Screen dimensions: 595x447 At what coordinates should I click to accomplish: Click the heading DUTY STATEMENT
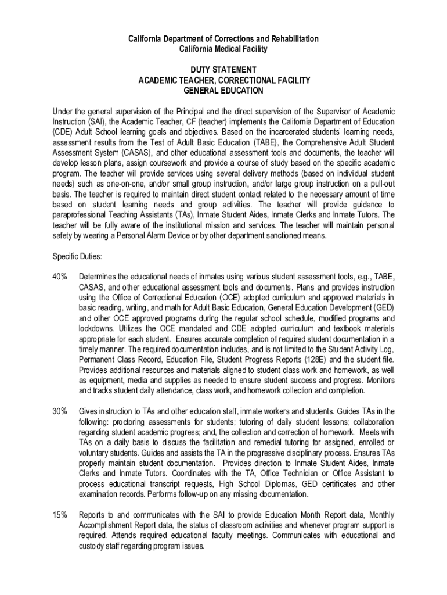point(223,70)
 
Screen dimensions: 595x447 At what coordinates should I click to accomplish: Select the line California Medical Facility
point(223,49)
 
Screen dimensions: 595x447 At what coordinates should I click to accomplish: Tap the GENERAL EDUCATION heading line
point(223,91)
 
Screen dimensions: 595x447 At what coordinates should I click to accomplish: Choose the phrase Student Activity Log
point(362,349)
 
